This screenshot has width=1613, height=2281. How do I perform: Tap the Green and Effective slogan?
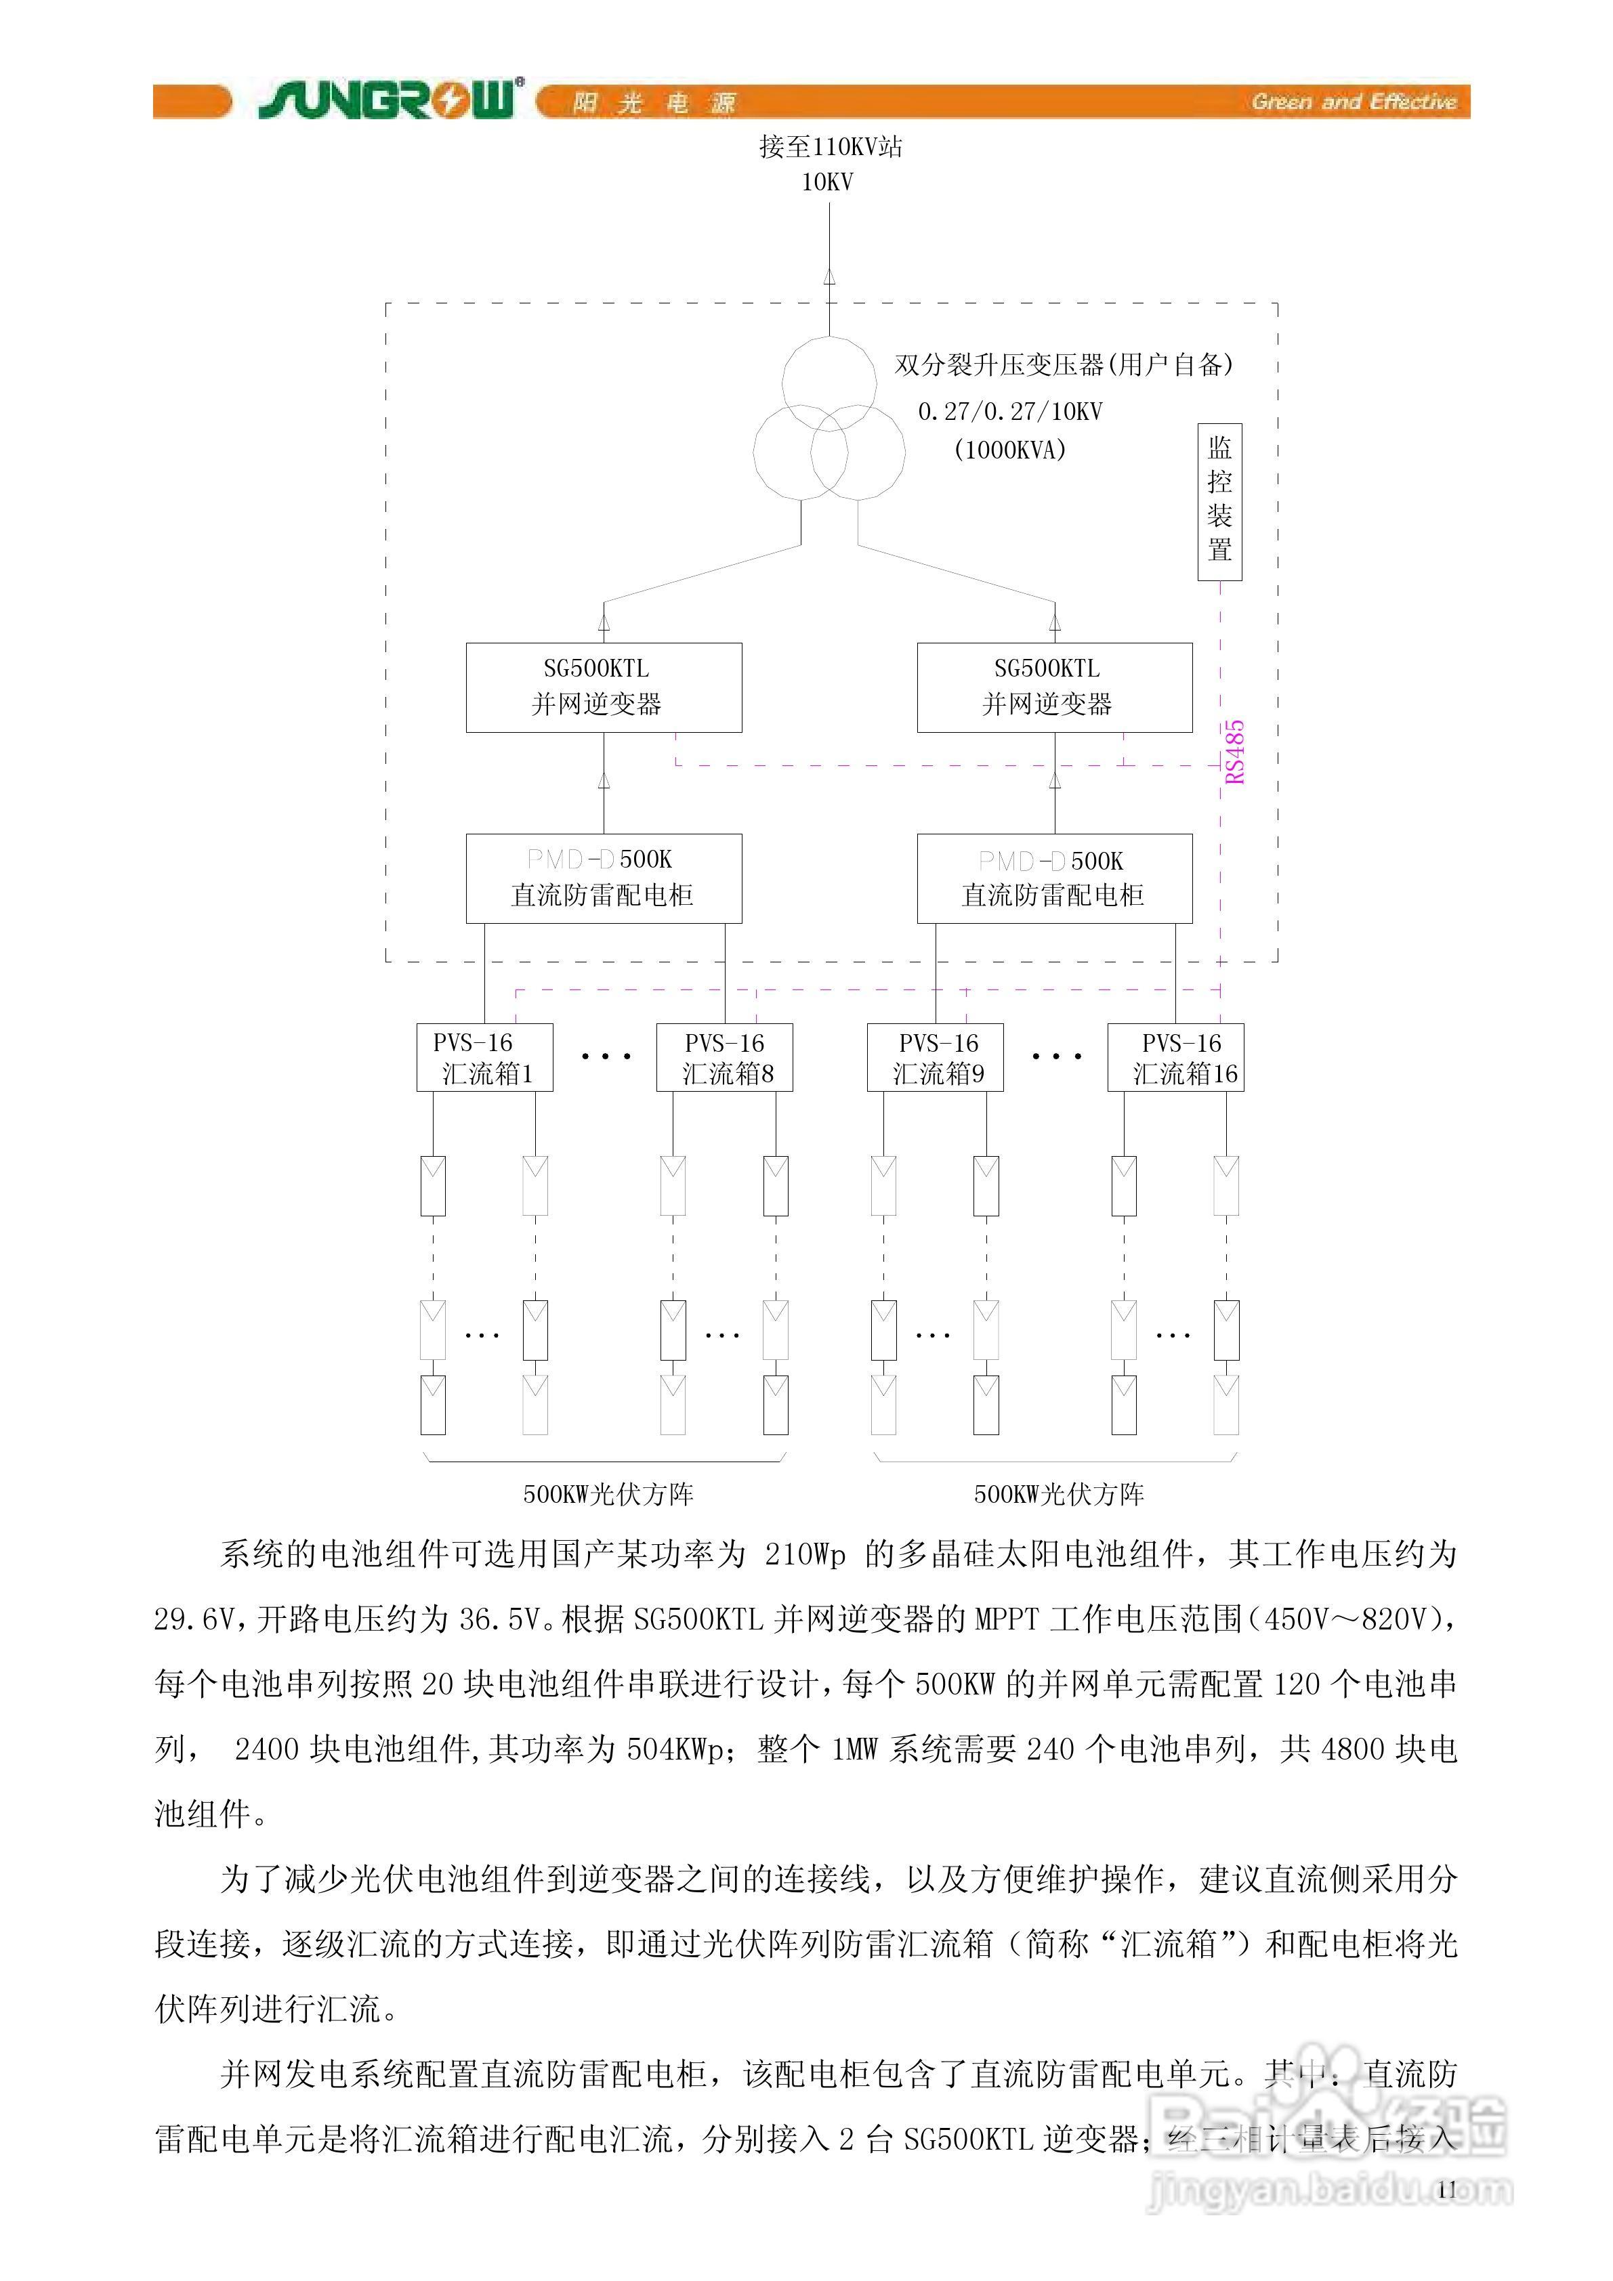click(x=1354, y=102)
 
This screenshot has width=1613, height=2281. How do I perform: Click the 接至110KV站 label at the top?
click(x=831, y=147)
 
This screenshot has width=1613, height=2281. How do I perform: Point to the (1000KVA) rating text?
click(x=1010, y=450)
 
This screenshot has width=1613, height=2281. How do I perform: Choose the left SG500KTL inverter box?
click(x=603, y=687)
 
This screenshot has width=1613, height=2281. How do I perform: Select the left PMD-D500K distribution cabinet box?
click(x=603, y=878)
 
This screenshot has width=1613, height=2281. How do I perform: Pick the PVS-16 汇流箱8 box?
click(x=724, y=1058)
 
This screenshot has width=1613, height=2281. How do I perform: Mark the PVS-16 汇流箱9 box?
click(x=935, y=1058)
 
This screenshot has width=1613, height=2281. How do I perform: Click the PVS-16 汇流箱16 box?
click(x=1176, y=1058)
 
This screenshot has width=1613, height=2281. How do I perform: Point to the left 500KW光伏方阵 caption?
click(x=608, y=1494)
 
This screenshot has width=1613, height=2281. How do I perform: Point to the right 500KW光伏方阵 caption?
click(x=1058, y=1494)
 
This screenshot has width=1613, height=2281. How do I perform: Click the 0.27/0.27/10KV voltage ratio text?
click(x=1010, y=411)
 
